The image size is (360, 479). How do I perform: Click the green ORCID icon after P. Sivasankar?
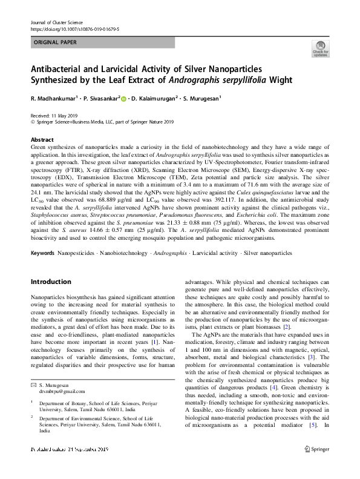click(x=123, y=99)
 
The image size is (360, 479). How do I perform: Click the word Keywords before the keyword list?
click(x=43, y=253)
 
